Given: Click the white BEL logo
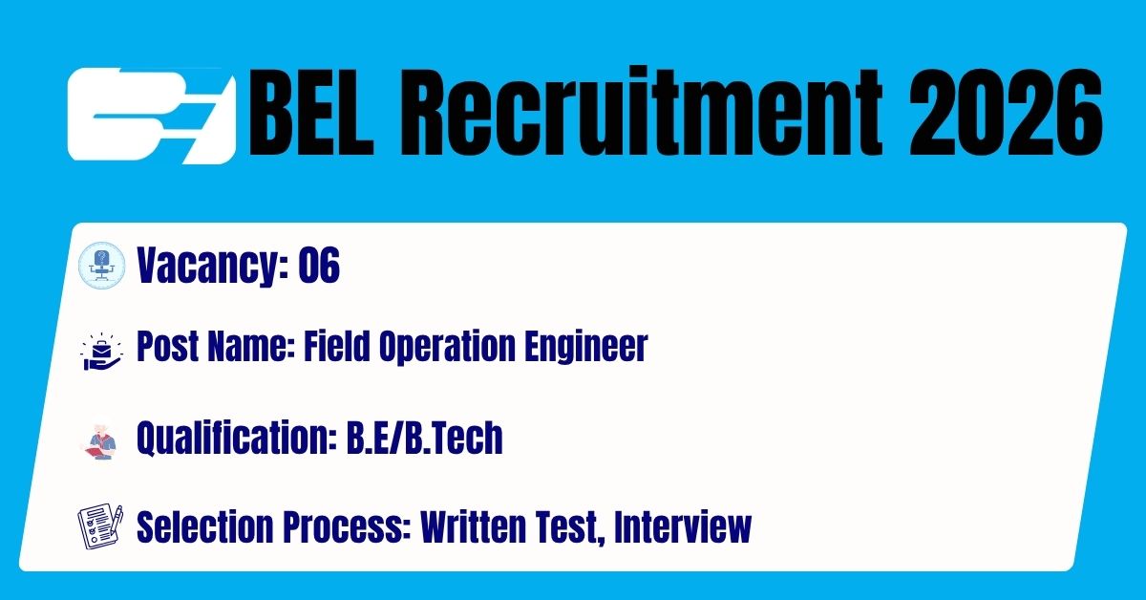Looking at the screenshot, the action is click(152, 116).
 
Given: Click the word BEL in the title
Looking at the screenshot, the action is click(311, 112).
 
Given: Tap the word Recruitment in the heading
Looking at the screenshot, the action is click(640, 111).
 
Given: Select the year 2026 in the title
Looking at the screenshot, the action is click(1006, 112).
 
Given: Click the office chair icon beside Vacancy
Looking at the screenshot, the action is click(102, 266).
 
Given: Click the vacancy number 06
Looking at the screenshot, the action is click(319, 265).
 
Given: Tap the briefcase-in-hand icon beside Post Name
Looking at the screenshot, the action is click(102, 352).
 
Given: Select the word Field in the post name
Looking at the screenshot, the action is click(336, 346).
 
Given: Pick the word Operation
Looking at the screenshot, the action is click(447, 348).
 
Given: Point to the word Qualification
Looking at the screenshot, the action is click(236, 439).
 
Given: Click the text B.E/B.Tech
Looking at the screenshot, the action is click(425, 438).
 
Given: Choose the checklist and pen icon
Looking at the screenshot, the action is click(101, 526).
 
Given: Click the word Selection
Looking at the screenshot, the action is click(204, 526).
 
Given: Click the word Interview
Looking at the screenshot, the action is click(683, 526).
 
